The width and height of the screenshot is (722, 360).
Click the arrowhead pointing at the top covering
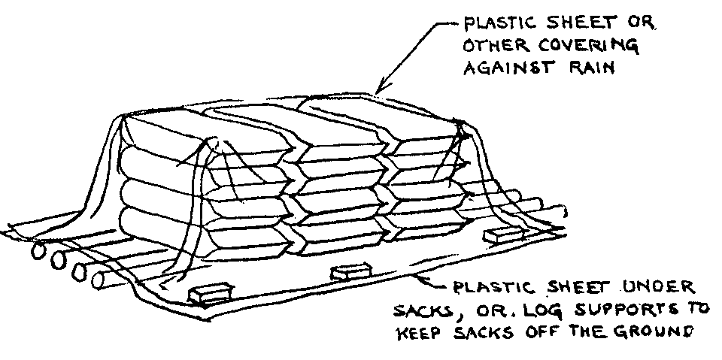click(382, 87)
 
